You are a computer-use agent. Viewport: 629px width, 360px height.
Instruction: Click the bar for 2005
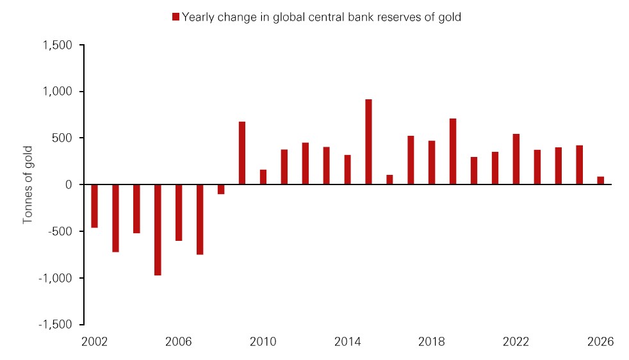(158, 230)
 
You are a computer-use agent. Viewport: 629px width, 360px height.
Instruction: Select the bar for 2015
(368, 142)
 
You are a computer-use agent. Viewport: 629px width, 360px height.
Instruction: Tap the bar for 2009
(242, 153)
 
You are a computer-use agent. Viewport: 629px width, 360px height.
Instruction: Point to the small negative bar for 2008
(221, 189)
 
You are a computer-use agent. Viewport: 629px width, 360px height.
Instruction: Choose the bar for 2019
(453, 152)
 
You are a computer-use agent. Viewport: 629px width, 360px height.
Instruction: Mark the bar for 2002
(94, 206)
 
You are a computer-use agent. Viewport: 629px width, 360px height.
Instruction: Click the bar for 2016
(389, 180)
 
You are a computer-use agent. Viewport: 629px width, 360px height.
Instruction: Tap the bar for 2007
(200, 220)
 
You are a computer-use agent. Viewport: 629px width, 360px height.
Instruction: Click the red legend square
(176, 17)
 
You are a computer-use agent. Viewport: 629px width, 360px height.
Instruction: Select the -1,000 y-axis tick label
(56, 278)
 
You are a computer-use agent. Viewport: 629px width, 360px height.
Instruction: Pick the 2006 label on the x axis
(179, 342)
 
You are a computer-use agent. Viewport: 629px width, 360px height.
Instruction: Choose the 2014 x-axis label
(347, 342)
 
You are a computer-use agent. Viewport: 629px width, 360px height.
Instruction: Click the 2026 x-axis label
(600, 342)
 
